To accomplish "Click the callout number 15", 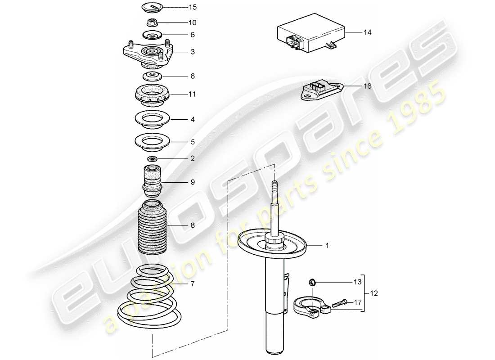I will click(x=193, y=8).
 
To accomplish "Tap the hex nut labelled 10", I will click(x=153, y=22).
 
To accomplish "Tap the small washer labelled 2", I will click(x=153, y=158).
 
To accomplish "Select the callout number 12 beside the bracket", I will click(x=374, y=293).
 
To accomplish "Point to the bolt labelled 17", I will click(x=339, y=304).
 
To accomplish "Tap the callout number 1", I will click(x=328, y=246).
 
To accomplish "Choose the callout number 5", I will click(x=193, y=141).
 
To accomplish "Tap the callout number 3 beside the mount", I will click(x=193, y=52).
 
